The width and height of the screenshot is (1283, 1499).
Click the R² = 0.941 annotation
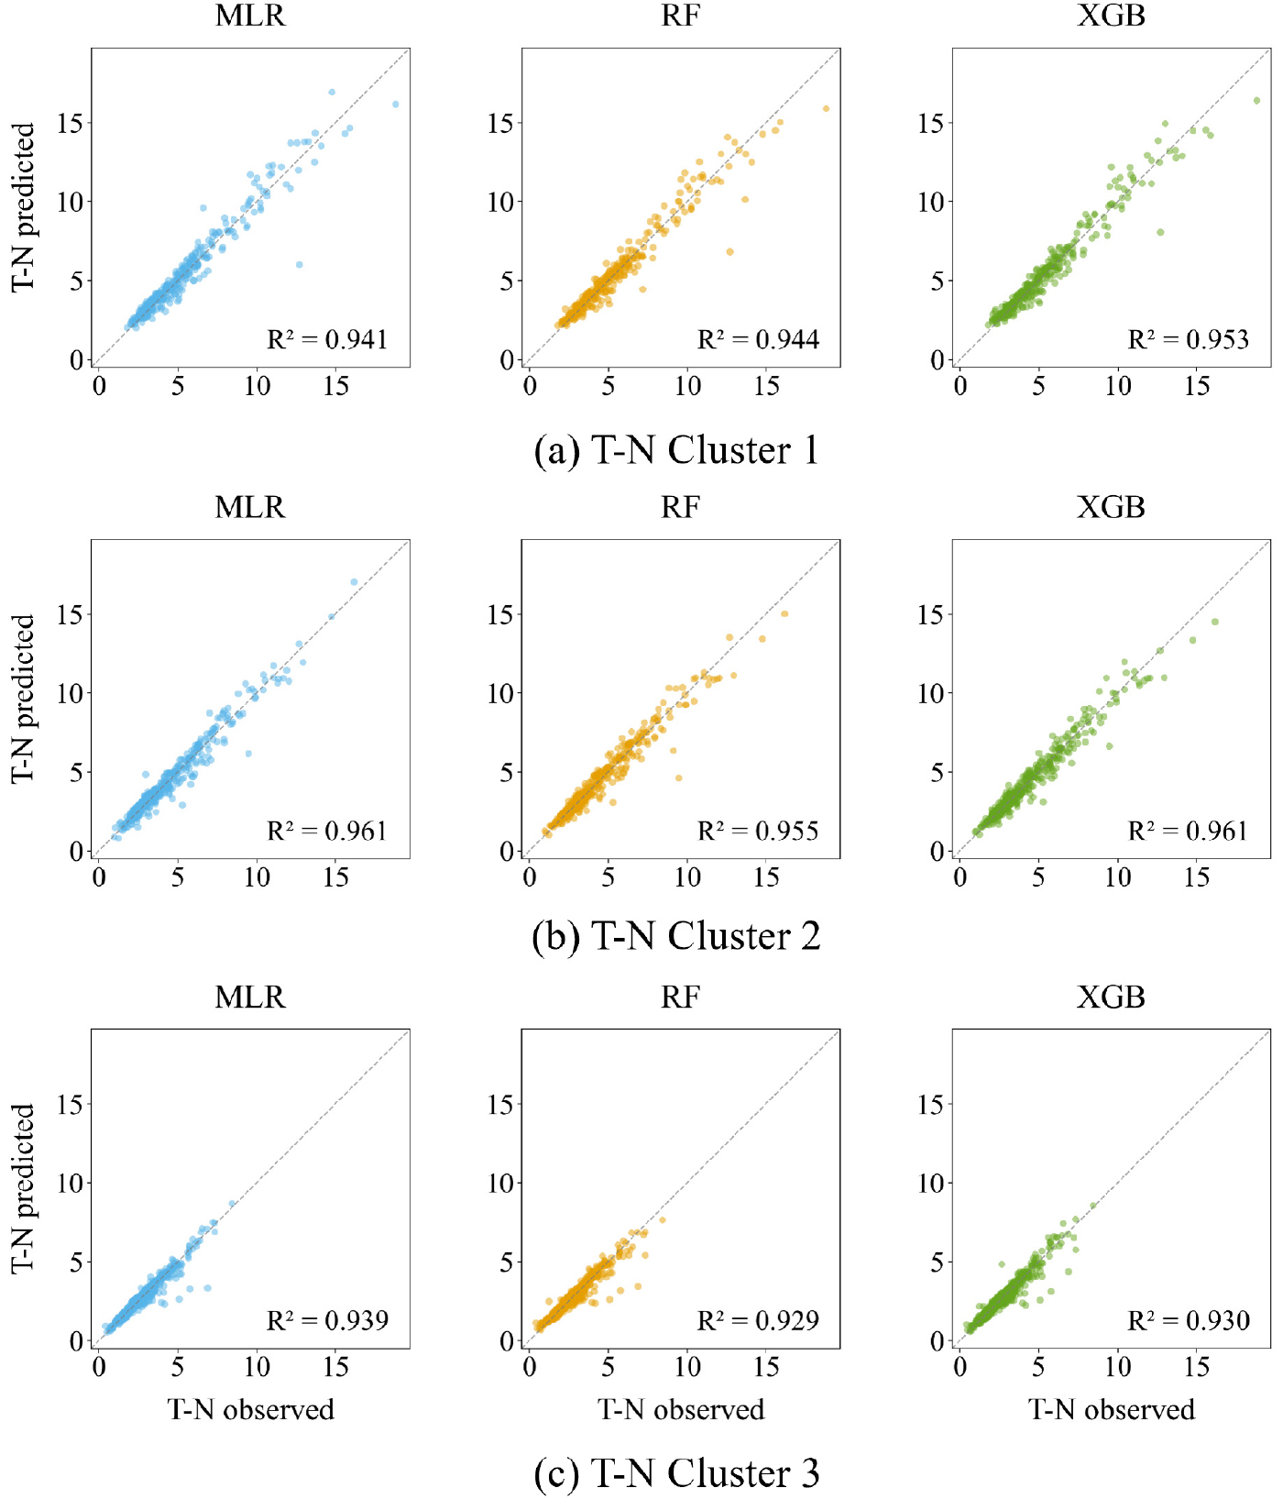click(x=327, y=340)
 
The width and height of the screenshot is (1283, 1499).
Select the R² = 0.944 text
click(x=758, y=340)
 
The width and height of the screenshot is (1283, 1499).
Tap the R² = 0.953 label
click(x=1188, y=340)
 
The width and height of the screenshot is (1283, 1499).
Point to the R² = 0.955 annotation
click(x=758, y=832)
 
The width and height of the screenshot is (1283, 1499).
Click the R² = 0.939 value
click(x=327, y=1321)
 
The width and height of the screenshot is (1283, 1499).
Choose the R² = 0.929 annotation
click(x=758, y=1321)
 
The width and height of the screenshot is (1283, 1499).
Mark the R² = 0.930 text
click(x=1188, y=1321)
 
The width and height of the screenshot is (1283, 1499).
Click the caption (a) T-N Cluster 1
click(x=676, y=450)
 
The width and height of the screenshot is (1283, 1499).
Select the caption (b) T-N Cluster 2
click(x=676, y=936)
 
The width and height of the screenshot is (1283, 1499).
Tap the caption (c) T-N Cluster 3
click(x=676, y=1473)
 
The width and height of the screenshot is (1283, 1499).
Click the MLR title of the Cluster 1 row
click(x=250, y=17)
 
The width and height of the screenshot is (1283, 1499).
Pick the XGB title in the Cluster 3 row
click(x=1111, y=997)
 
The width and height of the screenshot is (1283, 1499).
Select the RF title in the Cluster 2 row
click(x=680, y=507)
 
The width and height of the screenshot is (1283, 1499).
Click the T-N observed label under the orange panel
click(x=681, y=1409)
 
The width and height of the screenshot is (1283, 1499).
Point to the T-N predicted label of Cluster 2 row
click(x=23, y=699)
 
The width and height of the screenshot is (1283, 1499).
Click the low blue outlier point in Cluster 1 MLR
click(x=299, y=265)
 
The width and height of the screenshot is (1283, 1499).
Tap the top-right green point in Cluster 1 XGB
click(x=1256, y=101)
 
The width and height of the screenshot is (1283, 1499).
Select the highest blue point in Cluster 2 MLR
click(x=354, y=582)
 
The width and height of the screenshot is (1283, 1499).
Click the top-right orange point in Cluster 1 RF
click(x=826, y=109)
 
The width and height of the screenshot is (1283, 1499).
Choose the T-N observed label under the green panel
click(x=1111, y=1409)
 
